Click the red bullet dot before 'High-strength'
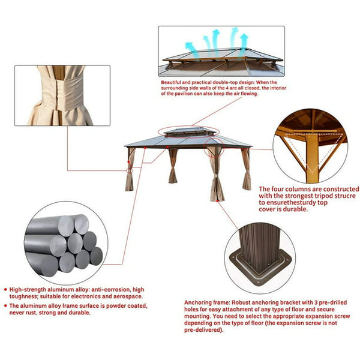tap(5, 290)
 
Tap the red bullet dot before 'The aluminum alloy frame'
tap(5, 305)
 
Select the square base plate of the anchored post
tap(260, 267)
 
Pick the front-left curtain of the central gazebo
tap(129, 169)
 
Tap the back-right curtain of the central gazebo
tap(246, 169)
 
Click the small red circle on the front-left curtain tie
tap(130, 170)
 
